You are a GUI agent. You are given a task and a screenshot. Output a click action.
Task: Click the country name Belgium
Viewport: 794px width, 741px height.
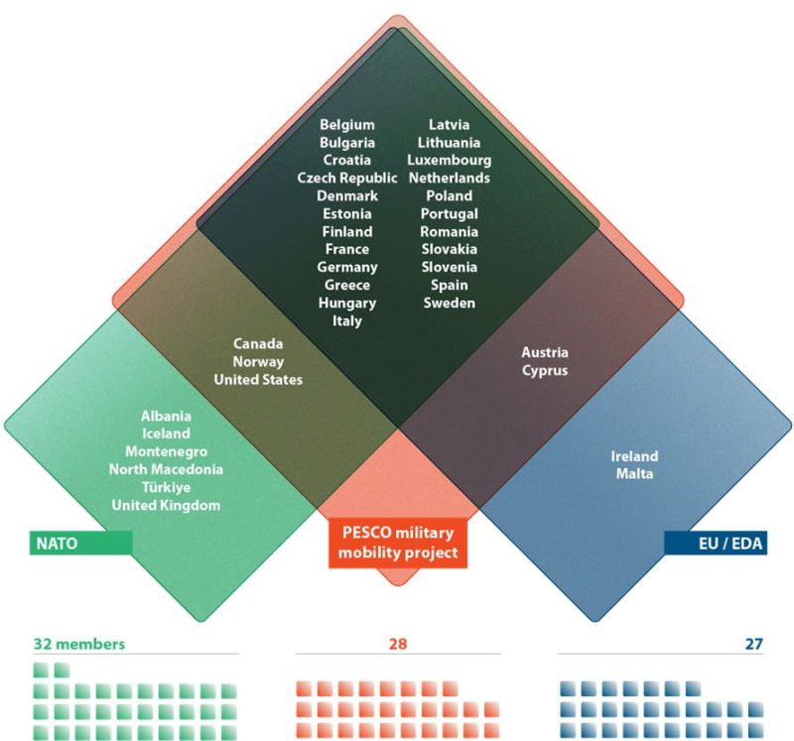pos(347,124)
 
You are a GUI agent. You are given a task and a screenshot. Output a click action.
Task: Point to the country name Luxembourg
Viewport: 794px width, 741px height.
pos(449,160)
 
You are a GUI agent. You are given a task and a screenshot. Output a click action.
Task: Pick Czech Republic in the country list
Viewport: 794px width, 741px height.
pos(347,178)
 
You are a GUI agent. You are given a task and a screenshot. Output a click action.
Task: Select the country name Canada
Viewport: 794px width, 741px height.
pos(257,344)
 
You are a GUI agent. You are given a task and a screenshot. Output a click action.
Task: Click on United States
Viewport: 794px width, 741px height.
pos(257,380)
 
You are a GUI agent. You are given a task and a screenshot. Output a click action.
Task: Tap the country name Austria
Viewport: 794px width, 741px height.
pos(546,352)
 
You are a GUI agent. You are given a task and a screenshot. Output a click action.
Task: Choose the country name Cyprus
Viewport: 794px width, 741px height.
pos(546,370)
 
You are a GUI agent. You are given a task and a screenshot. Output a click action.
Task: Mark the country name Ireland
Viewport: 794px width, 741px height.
pos(634,456)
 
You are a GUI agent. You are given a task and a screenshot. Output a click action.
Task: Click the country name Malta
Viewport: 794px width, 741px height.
pos(634,474)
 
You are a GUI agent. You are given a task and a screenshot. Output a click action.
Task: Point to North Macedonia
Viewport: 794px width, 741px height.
pos(166,469)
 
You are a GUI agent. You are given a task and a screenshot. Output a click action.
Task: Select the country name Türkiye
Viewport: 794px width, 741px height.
pos(166,487)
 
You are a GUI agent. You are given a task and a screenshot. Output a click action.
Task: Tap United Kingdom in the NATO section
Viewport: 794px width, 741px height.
pos(166,505)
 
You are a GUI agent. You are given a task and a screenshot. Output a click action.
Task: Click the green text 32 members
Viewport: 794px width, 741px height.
pos(78,644)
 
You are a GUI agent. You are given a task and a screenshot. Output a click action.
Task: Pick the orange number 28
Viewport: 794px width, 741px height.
pos(397,644)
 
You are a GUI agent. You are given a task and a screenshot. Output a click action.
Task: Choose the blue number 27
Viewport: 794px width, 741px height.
pos(753,644)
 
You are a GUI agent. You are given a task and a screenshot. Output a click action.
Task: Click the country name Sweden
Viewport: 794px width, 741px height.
pos(449,303)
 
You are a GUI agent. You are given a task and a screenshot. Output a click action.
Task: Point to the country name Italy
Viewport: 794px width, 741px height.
pos(347,320)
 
